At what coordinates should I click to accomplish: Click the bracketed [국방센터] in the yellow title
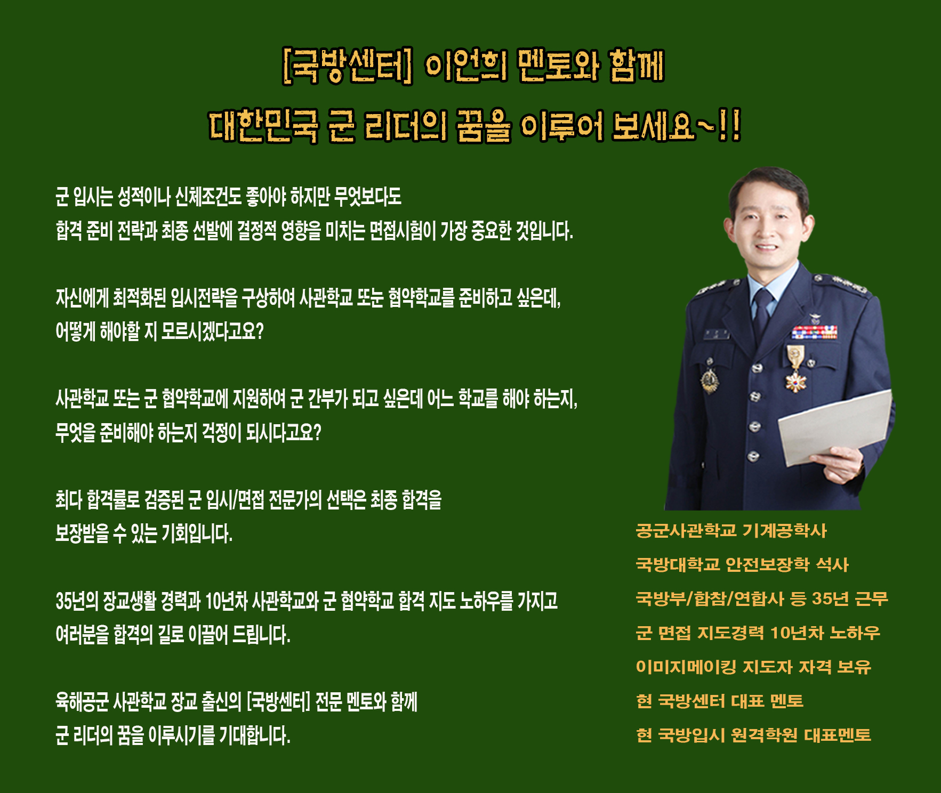point(348,67)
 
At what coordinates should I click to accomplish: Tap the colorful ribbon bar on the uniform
point(814,333)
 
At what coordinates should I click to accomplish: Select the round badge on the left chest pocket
point(710,379)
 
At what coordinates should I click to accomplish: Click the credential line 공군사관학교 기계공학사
point(731,530)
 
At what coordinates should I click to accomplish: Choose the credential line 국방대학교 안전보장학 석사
point(742,564)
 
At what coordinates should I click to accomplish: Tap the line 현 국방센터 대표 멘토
point(720,701)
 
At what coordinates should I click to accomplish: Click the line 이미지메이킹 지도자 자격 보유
point(753,667)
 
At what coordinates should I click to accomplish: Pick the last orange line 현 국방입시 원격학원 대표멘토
point(753,735)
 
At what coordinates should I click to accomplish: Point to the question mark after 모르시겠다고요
point(260,331)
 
